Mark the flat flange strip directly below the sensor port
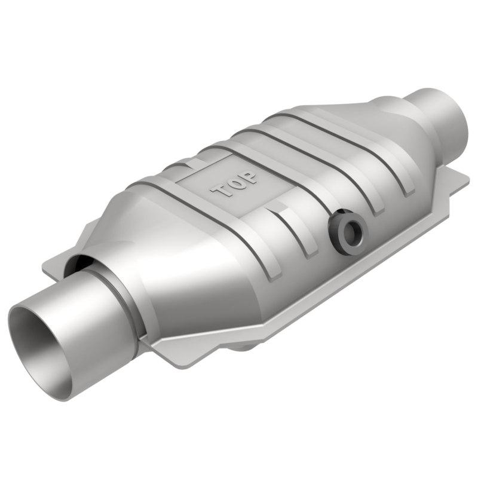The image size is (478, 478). click(x=358, y=269)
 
